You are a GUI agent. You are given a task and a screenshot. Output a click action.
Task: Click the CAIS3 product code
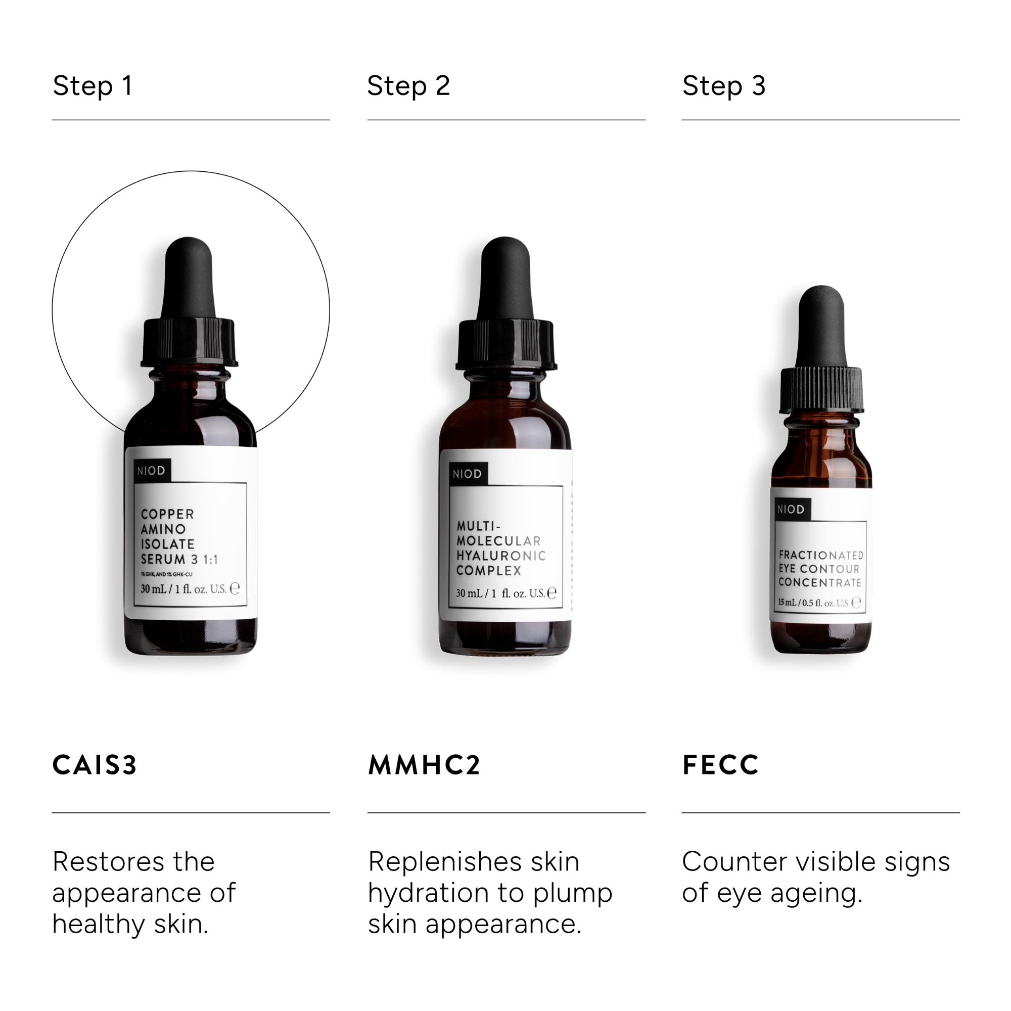point(95,764)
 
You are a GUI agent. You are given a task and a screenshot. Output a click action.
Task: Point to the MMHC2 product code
point(424,764)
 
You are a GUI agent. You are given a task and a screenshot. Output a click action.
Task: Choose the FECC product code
point(720,764)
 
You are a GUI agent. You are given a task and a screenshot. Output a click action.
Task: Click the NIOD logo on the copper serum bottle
point(151,471)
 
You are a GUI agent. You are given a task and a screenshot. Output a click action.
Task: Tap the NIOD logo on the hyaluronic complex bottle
point(467,474)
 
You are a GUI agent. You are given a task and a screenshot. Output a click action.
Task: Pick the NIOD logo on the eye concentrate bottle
point(791,509)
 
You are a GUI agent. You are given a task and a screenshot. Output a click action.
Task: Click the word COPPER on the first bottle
point(167,514)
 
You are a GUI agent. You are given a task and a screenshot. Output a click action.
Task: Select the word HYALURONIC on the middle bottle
point(501,555)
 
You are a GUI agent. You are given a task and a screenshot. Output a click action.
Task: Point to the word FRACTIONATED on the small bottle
point(820,555)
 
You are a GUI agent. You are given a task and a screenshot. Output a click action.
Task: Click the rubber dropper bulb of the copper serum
point(189,278)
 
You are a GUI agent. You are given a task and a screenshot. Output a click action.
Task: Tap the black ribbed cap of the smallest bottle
point(821,389)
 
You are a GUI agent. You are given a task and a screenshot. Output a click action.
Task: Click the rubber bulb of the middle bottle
point(505,278)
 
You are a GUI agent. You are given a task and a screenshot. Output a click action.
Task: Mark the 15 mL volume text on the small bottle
point(787,603)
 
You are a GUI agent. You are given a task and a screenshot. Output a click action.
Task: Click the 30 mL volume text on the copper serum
point(153,589)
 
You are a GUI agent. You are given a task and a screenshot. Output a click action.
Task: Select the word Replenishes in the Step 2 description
point(445,861)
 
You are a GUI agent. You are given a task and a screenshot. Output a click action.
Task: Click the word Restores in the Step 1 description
point(108,861)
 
